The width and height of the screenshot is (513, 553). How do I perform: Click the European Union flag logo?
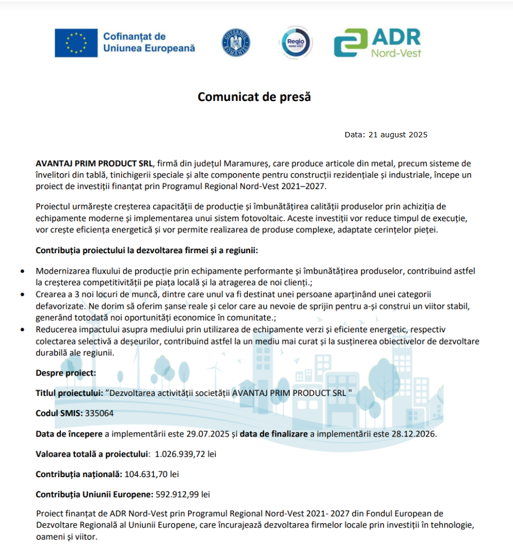[76, 43]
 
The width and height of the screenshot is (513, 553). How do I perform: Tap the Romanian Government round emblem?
[236, 43]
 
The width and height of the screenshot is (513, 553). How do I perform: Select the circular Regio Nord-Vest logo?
[296, 42]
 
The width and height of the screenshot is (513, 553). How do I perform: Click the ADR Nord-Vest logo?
[377, 43]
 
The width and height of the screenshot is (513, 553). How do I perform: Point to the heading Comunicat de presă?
[254, 97]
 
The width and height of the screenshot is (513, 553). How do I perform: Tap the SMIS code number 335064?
[99, 413]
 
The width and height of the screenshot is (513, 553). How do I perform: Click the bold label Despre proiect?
[66, 372]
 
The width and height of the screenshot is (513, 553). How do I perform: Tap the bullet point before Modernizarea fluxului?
[21, 271]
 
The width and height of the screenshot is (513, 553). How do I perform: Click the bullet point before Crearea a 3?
[21, 294]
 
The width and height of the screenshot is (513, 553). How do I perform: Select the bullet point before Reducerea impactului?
[21, 330]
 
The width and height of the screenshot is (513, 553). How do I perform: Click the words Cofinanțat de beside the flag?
[134, 37]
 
